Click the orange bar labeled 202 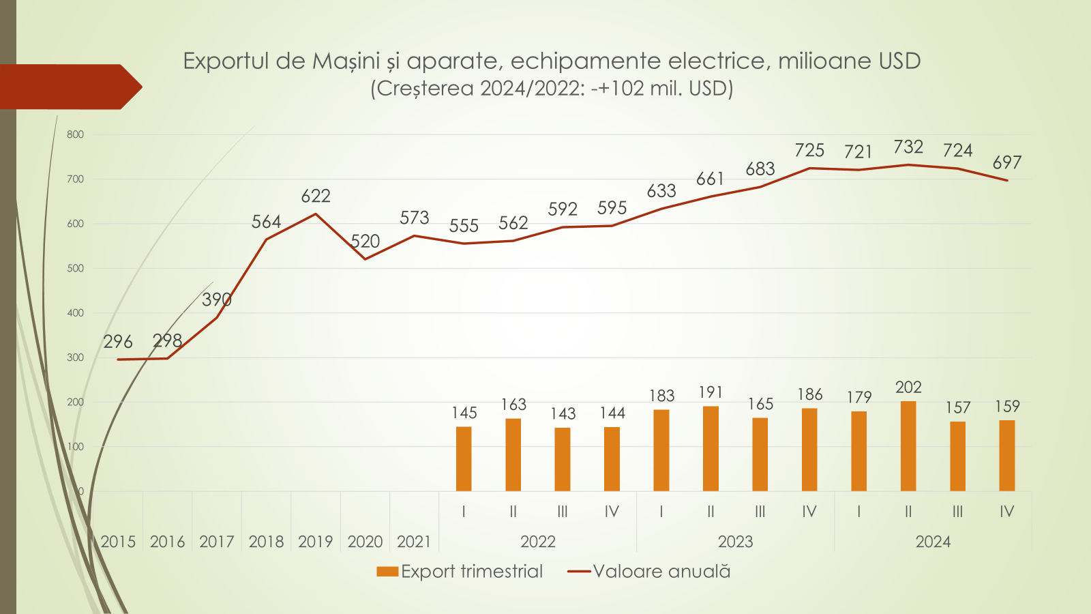(908, 446)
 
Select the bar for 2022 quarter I (464, 458)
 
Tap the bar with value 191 (711, 448)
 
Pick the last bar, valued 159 (1006, 455)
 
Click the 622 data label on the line (316, 196)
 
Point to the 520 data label (365, 242)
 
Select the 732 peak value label (908, 147)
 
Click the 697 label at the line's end (1006, 163)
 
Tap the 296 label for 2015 (118, 342)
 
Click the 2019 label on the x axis (315, 542)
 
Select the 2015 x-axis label (118, 542)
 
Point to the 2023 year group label (735, 542)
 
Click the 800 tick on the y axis (76, 134)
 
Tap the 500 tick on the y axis (76, 268)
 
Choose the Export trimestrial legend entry (460, 572)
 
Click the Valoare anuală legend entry (649, 572)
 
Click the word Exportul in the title (226, 61)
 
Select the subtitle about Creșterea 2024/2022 (552, 89)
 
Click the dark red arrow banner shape (68, 87)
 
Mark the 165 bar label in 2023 (760, 405)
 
